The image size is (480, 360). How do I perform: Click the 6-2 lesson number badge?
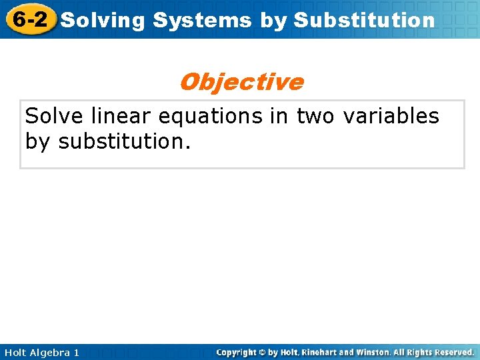point(29,19)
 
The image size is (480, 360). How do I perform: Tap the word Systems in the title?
point(202,21)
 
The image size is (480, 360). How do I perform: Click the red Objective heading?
point(241,82)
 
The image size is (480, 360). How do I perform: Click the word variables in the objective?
point(391,116)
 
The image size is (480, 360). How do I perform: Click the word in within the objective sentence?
point(280,116)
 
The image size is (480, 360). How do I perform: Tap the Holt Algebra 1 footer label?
point(40,352)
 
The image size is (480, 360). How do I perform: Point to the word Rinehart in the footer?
point(324,352)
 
